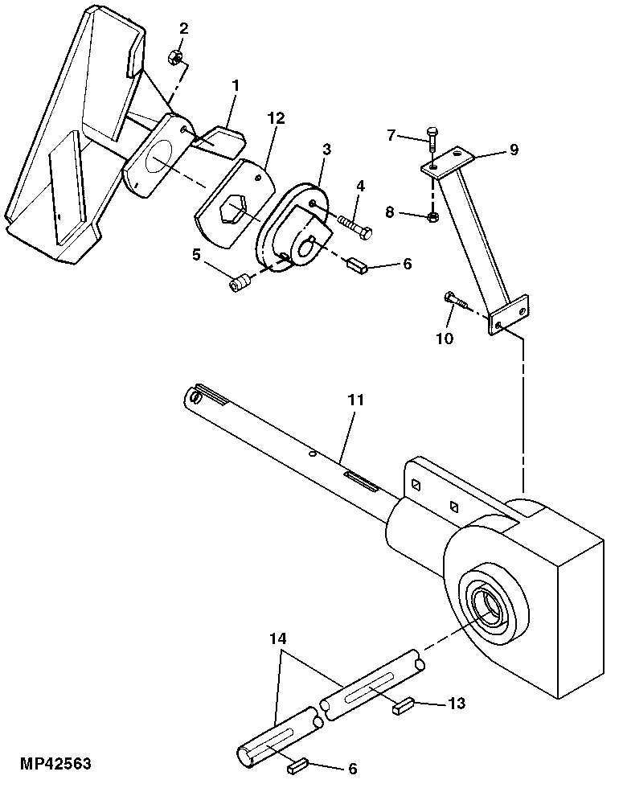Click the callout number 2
[184, 29]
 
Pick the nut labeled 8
[432, 215]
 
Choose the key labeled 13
[404, 707]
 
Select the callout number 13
[456, 704]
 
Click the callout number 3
[326, 150]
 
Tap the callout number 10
[445, 338]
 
